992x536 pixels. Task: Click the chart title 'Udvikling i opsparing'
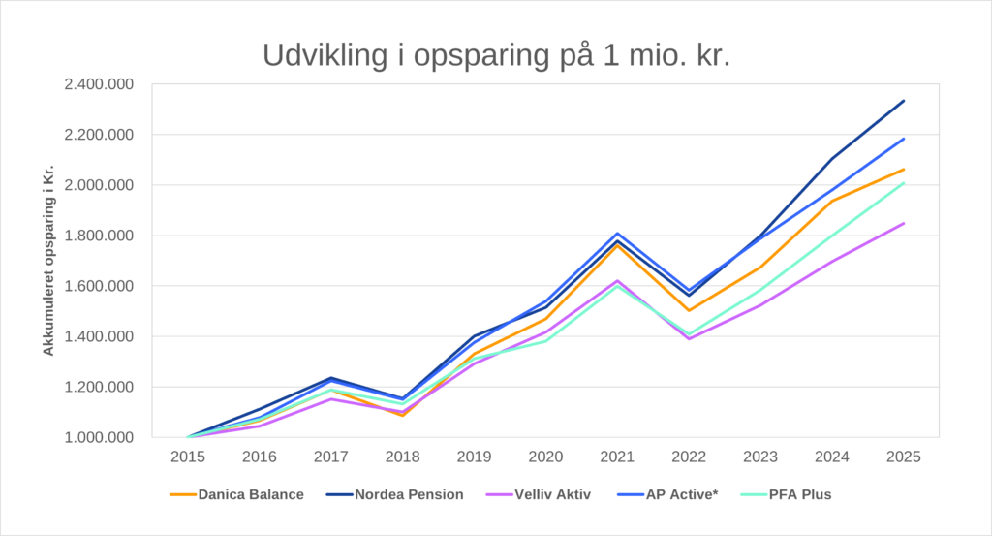click(496, 55)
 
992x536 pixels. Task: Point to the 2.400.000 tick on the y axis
click(99, 84)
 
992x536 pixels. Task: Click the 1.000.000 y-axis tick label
click(99, 437)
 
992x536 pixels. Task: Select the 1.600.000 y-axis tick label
click(99, 286)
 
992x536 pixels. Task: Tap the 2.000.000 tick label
click(99, 185)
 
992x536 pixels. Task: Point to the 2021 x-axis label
click(616, 456)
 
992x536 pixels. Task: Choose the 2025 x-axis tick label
click(903, 456)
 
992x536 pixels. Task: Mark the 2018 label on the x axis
click(402, 456)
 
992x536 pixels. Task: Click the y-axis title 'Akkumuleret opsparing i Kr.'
click(48, 261)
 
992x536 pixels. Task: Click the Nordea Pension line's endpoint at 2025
click(903, 101)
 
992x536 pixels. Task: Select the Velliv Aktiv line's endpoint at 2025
click(903, 224)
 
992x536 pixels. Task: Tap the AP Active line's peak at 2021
click(616, 234)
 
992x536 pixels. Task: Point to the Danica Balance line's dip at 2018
click(402, 415)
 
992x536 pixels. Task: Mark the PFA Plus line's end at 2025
click(903, 183)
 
